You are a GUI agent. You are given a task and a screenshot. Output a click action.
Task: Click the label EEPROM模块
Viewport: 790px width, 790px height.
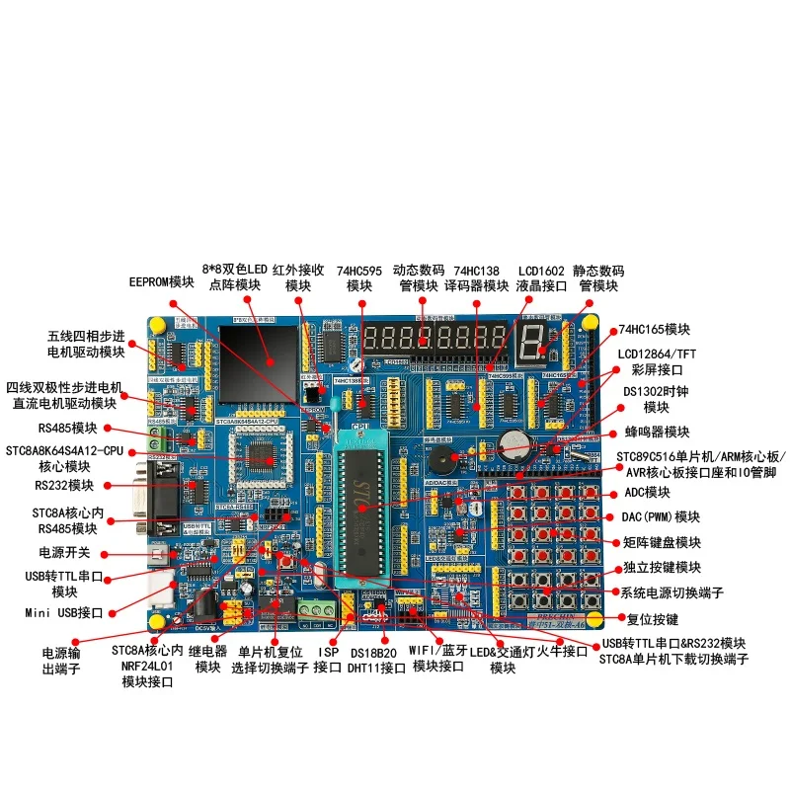(x=162, y=281)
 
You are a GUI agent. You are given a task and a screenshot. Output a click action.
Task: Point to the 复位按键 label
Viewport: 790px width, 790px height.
(x=653, y=619)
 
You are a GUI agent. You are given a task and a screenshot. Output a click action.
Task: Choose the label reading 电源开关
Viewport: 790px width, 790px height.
(x=64, y=552)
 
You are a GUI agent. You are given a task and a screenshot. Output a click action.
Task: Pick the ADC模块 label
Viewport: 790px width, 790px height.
(x=648, y=492)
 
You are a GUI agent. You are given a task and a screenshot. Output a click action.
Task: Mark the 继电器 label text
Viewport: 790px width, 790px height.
(x=208, y=652)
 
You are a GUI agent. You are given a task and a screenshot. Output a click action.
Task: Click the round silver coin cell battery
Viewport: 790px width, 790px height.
(x=513, y=442)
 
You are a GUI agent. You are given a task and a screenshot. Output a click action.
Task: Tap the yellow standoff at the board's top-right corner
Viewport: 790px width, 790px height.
(x=590, y=323)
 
